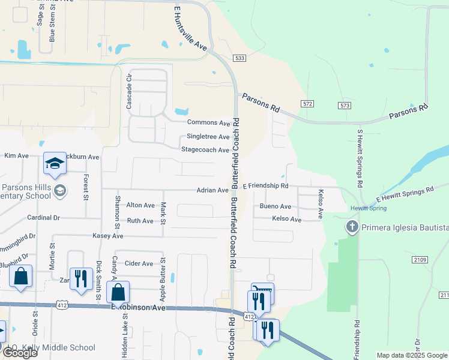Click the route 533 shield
[240, 58]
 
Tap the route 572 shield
[308, 104]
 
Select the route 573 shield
[344, 106]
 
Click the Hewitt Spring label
[369, 208]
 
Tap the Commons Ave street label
[208, 123]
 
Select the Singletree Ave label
[208, 137]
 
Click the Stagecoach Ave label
[205, 150]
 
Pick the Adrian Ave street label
[212, 190]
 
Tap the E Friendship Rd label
[265, 186]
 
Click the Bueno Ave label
[276, 206]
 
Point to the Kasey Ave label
[107, 236]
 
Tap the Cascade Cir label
[128, 92]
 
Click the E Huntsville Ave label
[191, 28]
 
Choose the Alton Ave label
[140, 205]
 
